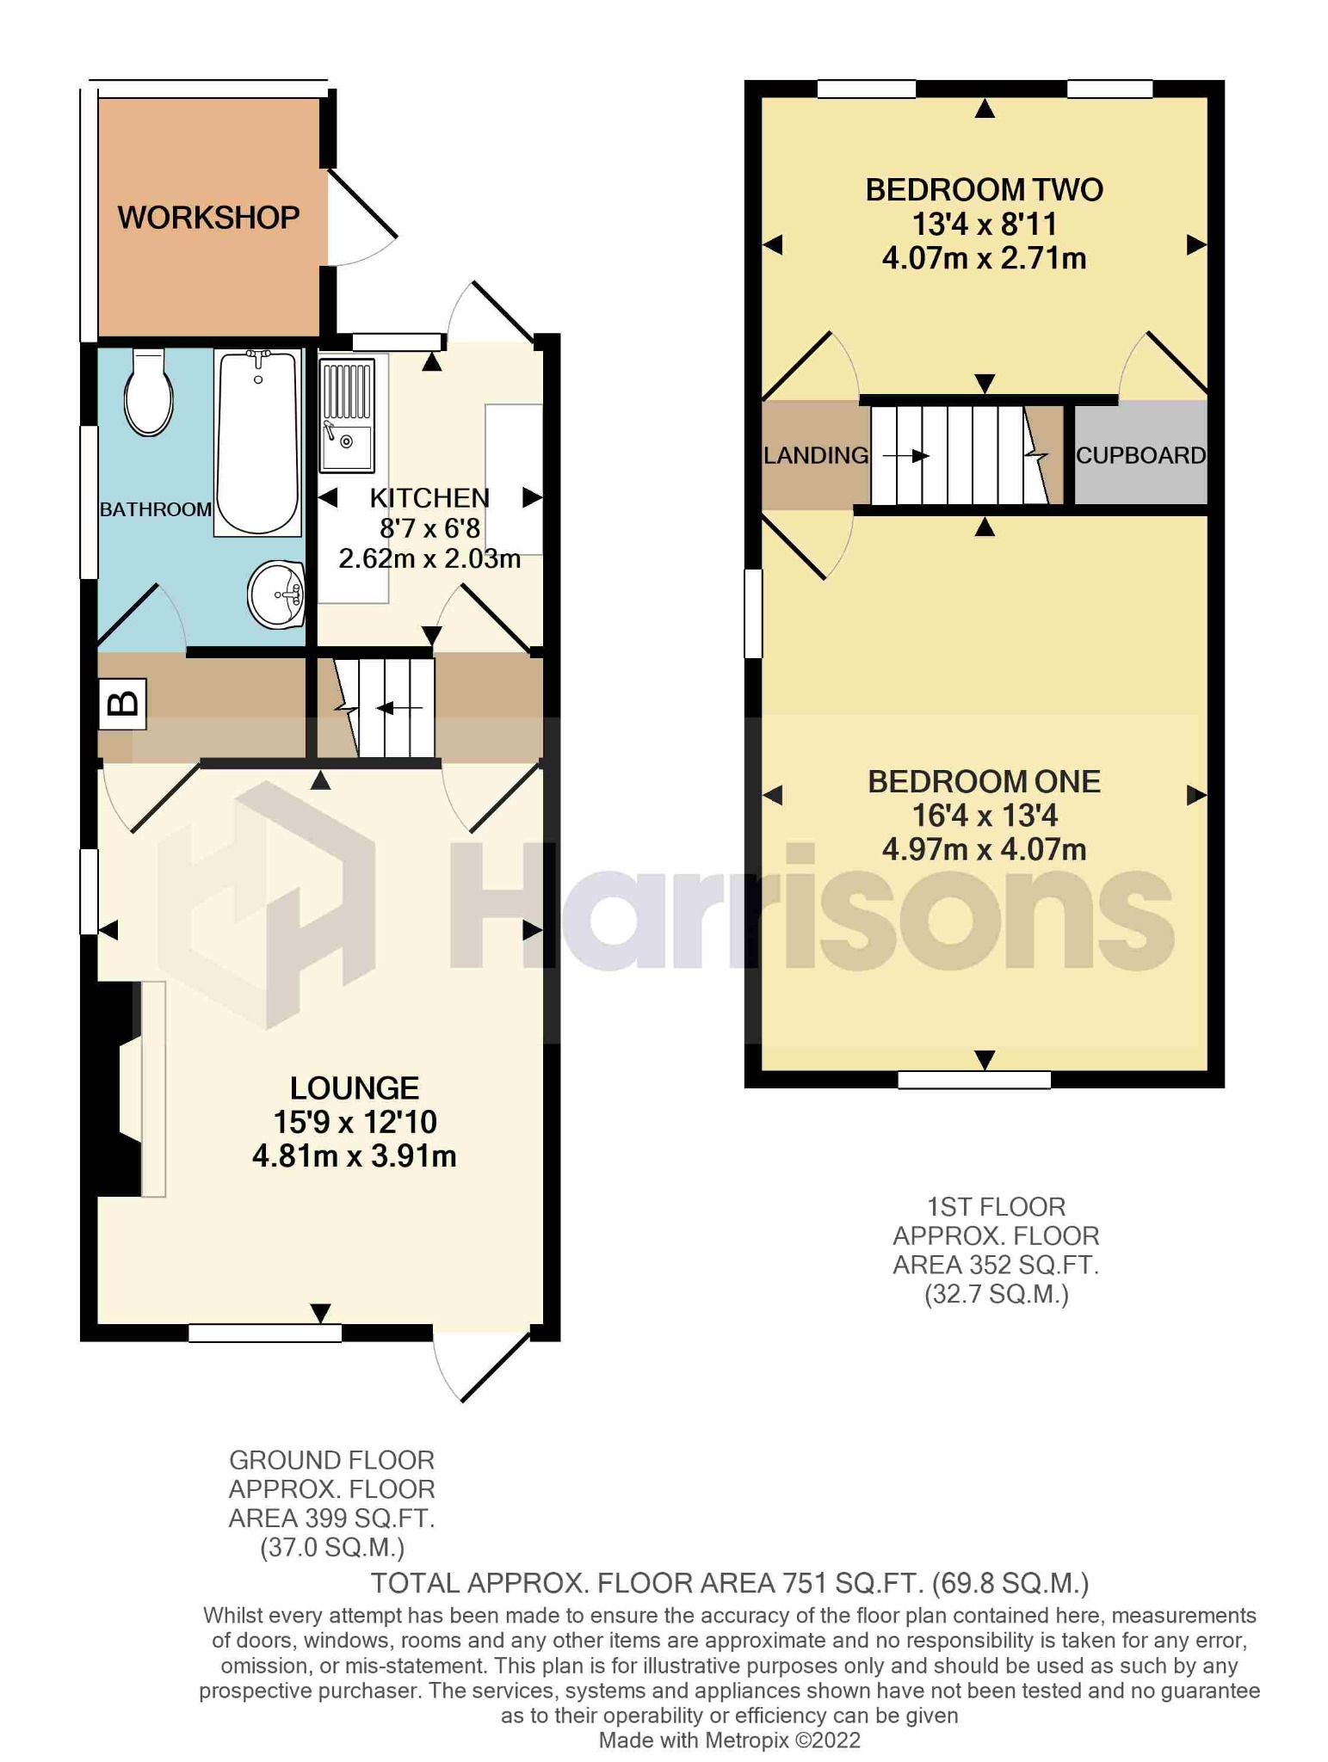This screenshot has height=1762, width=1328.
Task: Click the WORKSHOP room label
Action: [x=208, y=218]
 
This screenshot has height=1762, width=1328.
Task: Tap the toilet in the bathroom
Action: [x=148, y=393]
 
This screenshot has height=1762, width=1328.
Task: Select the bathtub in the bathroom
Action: [x=257, y=442]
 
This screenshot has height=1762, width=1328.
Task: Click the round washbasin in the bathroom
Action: [x=276, y=594]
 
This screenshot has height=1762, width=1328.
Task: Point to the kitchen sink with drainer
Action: [x=347, y=416]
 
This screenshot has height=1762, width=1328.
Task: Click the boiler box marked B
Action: [x=122, y=704]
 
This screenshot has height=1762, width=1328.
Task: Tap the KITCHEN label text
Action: [x=429, y=498]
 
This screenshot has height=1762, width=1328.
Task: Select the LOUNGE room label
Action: [x=354, y=1088]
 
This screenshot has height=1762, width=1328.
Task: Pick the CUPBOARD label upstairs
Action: [x=1140, y=455]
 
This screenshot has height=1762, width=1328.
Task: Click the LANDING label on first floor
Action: [x=816, y=455]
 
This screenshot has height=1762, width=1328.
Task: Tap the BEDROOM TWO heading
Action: [x=984, y=190]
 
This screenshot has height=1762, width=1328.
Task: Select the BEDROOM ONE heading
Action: [x=984, y=781]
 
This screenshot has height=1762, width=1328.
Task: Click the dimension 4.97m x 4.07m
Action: [x=984, y=850]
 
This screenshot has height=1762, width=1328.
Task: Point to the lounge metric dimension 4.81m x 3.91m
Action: [x=354, y=1156]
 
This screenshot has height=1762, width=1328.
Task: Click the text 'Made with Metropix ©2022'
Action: [x=729, y=1740]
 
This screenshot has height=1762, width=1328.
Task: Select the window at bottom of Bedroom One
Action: [x=973, y=1080]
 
